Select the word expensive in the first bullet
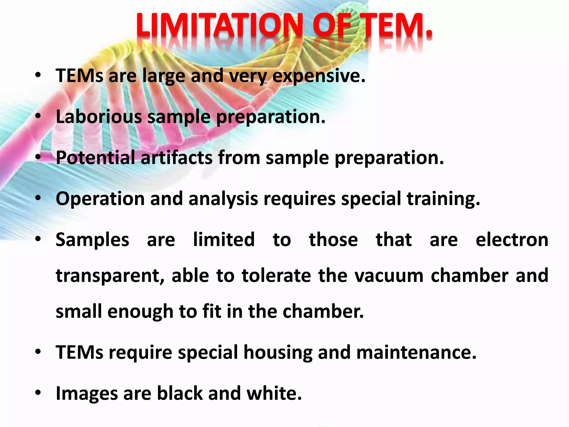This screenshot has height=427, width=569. coord(319,76)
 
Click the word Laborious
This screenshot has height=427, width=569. coord(99,116)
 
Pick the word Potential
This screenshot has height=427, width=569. coord(96,158)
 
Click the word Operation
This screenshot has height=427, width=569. coord(100,199)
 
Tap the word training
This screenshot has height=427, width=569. coord(443,199)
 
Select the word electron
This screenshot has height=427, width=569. coord(512,240)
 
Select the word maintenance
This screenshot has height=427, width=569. coord(416,352)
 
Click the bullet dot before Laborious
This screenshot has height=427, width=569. coord(38,116)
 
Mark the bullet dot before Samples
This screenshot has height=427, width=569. coord(38,239)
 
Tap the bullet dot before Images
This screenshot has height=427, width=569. coord(38,393)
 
